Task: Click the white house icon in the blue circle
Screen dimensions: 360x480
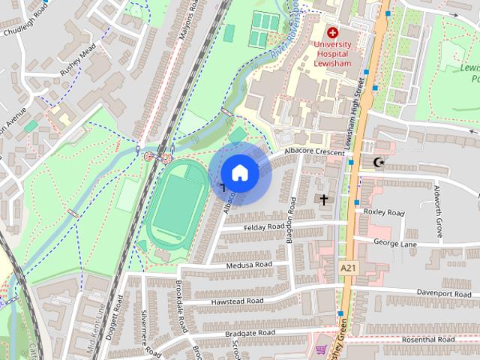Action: pos(239,173)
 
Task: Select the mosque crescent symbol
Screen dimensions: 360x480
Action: pos(377,162)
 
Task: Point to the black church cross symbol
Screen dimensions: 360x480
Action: pos(323,200)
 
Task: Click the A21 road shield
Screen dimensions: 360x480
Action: pos(347,268)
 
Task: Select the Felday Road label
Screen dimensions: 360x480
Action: pos(265,226)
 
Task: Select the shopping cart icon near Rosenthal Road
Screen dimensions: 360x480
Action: pos(322,349)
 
